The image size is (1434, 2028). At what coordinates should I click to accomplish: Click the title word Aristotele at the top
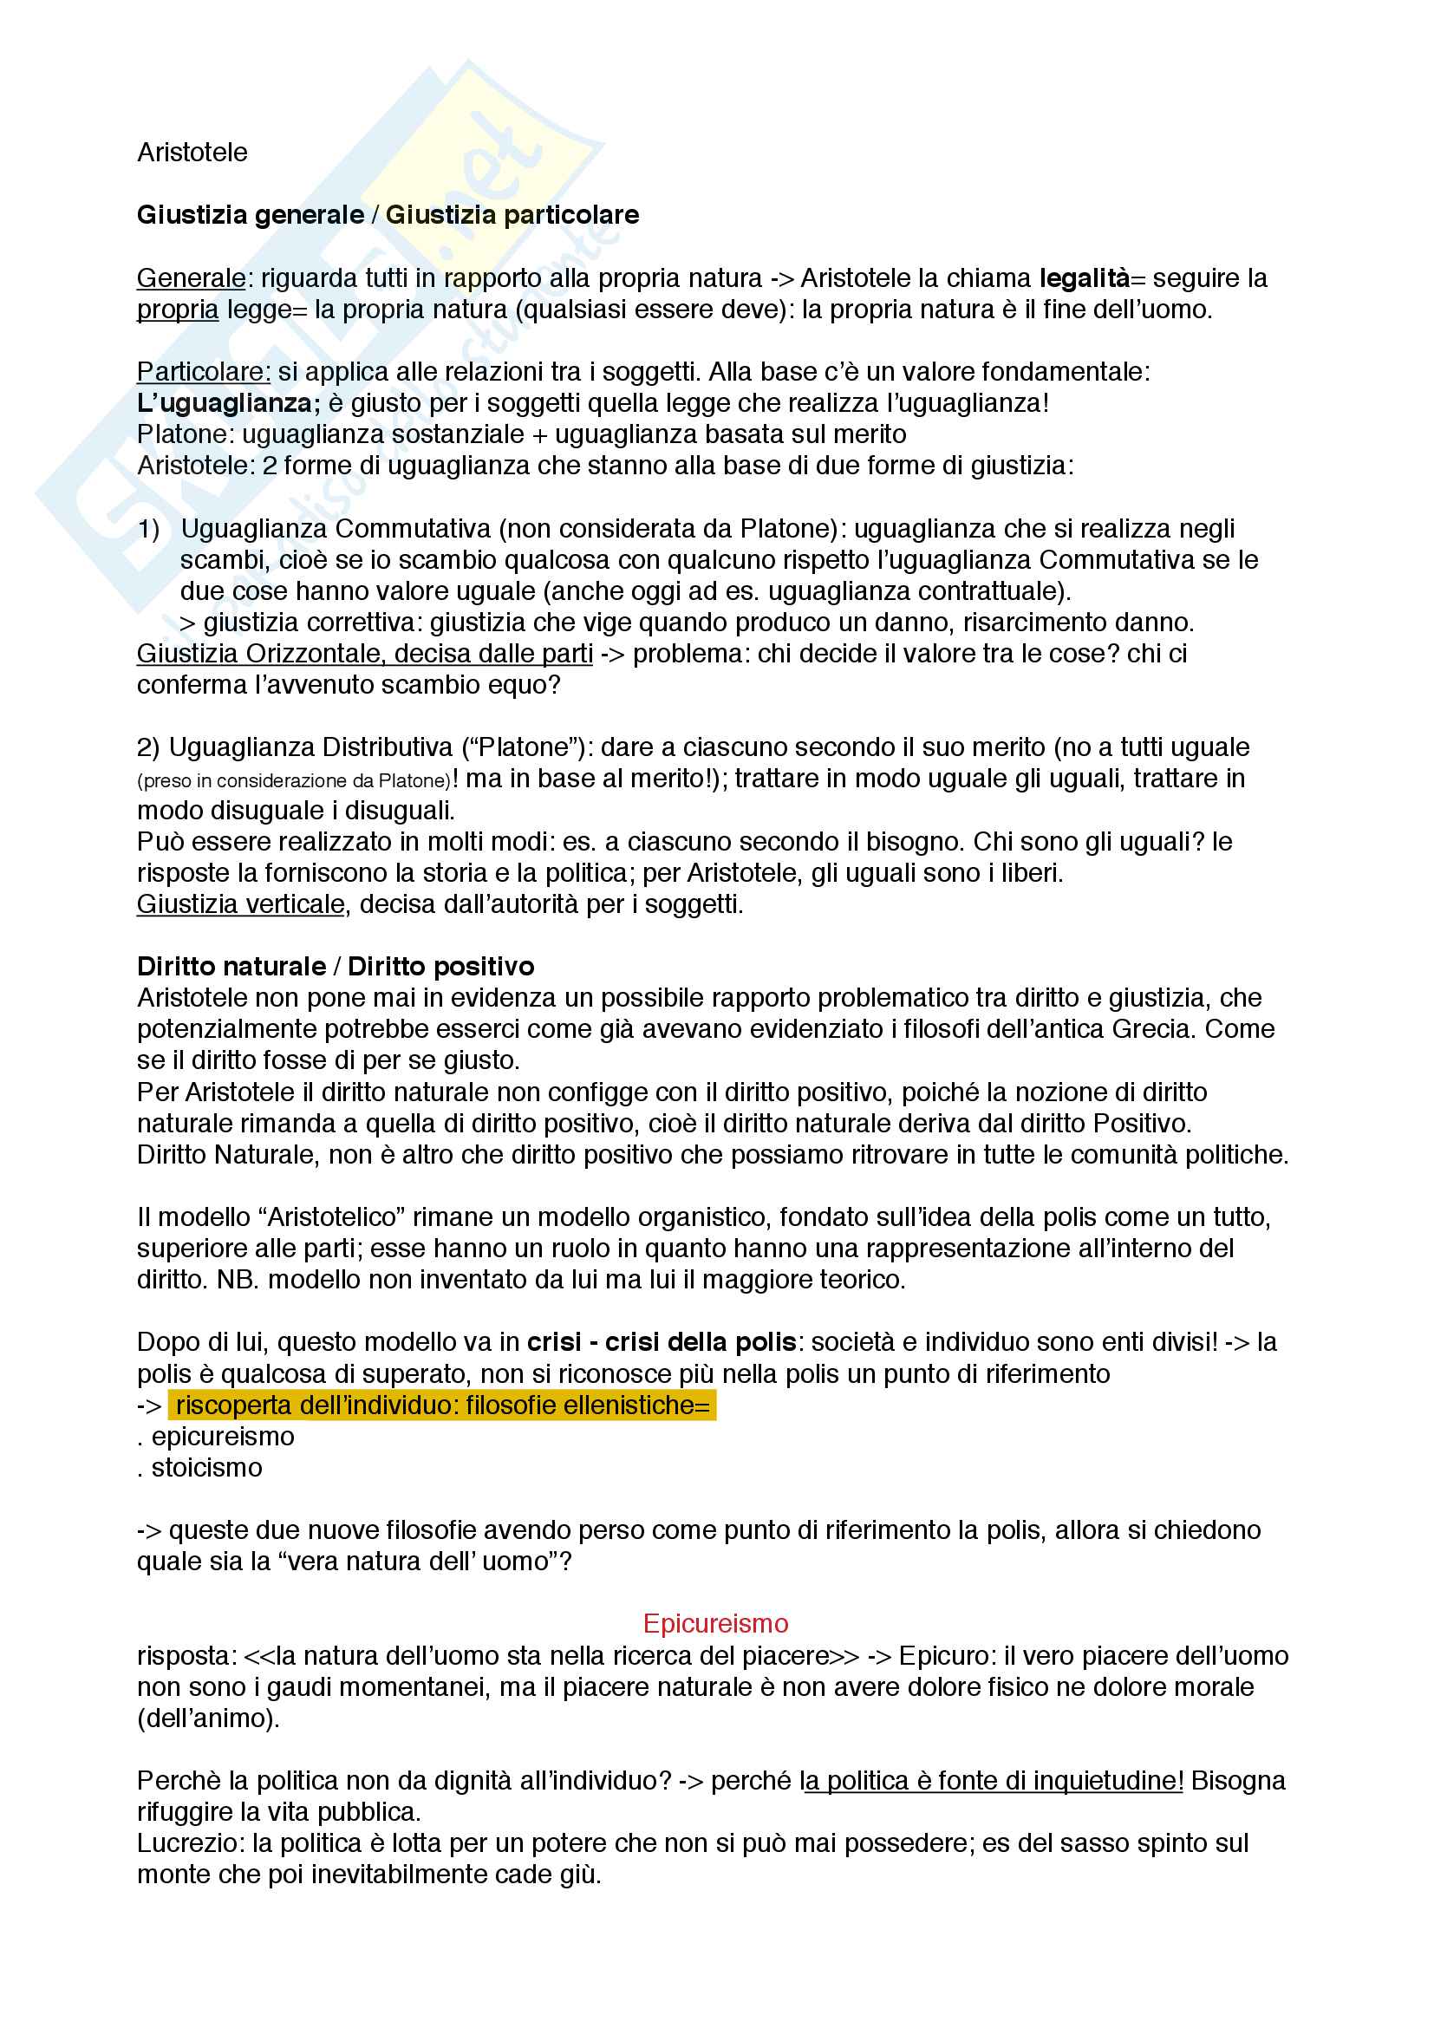pyautogui.click(x=192, y=153)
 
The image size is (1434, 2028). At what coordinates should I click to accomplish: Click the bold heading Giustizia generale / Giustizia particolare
pyautogui.click(x=388, y=215)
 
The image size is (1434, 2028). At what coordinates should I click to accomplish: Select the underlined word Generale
pyautogui.click(x=191, y=278)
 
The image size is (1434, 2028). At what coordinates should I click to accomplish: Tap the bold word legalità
pyautogui.click(x=1084, y=278)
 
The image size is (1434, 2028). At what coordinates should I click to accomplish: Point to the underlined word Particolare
pyautogui.click(x=203, y=372)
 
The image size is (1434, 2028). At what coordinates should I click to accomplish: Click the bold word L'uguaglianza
pyautogui.click(x=228, y=404)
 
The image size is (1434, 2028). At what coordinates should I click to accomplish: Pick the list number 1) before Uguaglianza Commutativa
pyautogui.click(x=148, y=529)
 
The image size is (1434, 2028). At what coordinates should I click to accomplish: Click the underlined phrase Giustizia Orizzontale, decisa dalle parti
pyautogui.click(x=364, y=654)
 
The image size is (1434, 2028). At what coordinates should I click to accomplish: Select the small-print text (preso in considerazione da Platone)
pyautogui.click(x=293, y=781)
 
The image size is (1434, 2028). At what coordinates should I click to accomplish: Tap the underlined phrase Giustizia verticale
pyautogui.click(x=240, y=904)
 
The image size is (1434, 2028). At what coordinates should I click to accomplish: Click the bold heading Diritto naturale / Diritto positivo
pyautogui.click(x=336, y=966)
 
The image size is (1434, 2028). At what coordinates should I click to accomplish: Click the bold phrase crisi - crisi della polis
pyautogui.click(x=662, y=1342)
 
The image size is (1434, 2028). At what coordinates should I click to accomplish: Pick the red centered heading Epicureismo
pyautogui.click(x=715, y=1623)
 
